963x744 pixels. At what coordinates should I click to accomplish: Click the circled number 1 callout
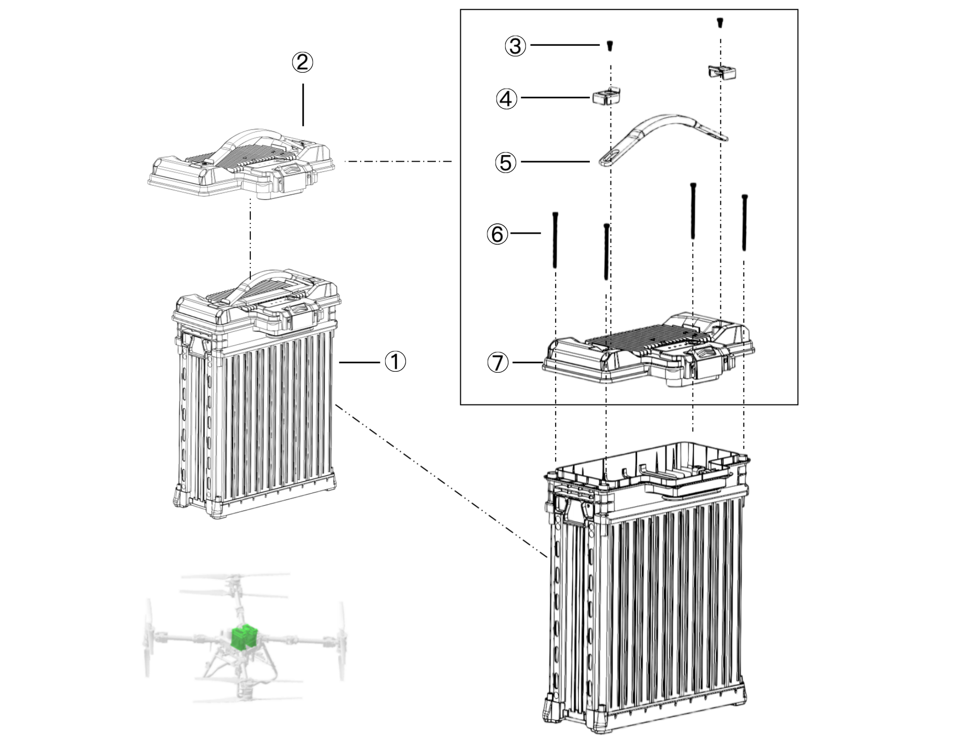point(395,361)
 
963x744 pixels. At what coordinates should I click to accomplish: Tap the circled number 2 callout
point(302,63)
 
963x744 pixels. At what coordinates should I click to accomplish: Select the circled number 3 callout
point(515,46)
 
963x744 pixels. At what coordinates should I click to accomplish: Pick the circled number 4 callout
point(507,98)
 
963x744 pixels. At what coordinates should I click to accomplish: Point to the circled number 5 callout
point(506,163)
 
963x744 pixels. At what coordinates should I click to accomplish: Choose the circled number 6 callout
point(498,234)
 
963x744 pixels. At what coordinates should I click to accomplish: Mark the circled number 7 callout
point(498,362)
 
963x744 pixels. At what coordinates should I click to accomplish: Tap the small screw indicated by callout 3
point(610,46)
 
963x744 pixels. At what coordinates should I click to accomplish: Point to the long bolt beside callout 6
point(555,240)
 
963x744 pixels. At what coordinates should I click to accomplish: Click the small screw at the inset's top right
point(720,22)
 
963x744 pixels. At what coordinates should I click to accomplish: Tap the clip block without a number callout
point(722,72)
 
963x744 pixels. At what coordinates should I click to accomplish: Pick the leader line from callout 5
point(555,162)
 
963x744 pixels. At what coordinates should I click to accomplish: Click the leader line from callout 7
point(528,362)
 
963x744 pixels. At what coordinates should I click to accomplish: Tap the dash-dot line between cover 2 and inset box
point(399,162)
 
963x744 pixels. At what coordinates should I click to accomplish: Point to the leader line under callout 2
point(303,105)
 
